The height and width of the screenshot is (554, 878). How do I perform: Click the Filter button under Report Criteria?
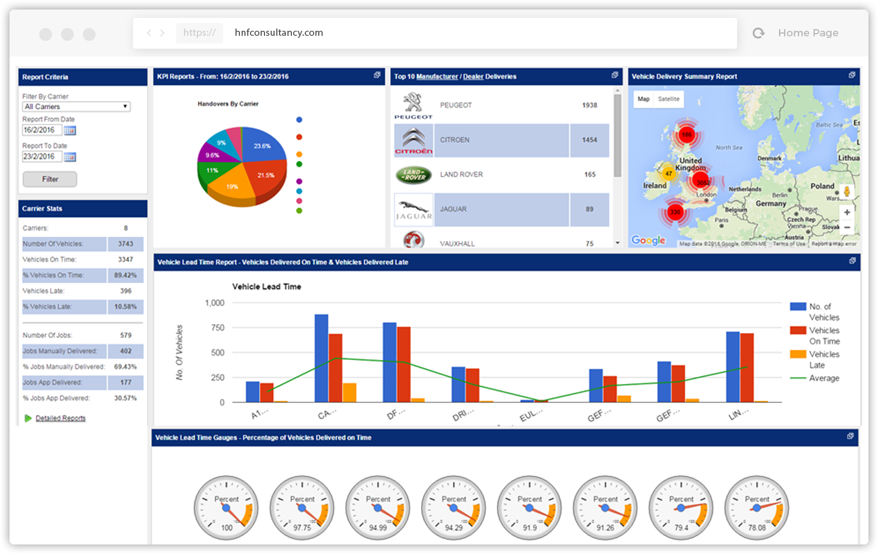[x=50, y=179]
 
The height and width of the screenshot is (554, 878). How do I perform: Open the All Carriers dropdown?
[x=77, y=106]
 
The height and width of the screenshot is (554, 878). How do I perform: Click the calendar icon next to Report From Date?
[x=70, y=130]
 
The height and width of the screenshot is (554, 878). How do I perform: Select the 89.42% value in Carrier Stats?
[x=125, y=275]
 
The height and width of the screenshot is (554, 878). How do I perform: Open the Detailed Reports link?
[x=60, y=418]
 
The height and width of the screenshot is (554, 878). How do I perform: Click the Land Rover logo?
[x=414, y=175]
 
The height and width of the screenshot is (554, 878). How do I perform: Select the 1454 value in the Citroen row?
[x=589, y=140]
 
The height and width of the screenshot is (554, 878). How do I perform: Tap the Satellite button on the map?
[x=668, y=99]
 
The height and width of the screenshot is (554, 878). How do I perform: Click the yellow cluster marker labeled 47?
[x=668, y=173]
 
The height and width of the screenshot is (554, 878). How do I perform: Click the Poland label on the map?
[x=822, y=186]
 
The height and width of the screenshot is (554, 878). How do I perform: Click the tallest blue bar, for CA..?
[x=322, y=358]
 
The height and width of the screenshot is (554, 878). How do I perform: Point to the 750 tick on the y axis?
[x=218, y=328]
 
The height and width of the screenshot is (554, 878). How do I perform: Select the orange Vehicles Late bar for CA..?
[x=350, y=392]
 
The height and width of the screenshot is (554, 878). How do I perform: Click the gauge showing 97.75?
[x=302, y=508]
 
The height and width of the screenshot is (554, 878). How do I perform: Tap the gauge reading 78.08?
[x=757, y=508]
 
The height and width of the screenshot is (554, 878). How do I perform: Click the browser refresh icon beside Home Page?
[x=758, y=33]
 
